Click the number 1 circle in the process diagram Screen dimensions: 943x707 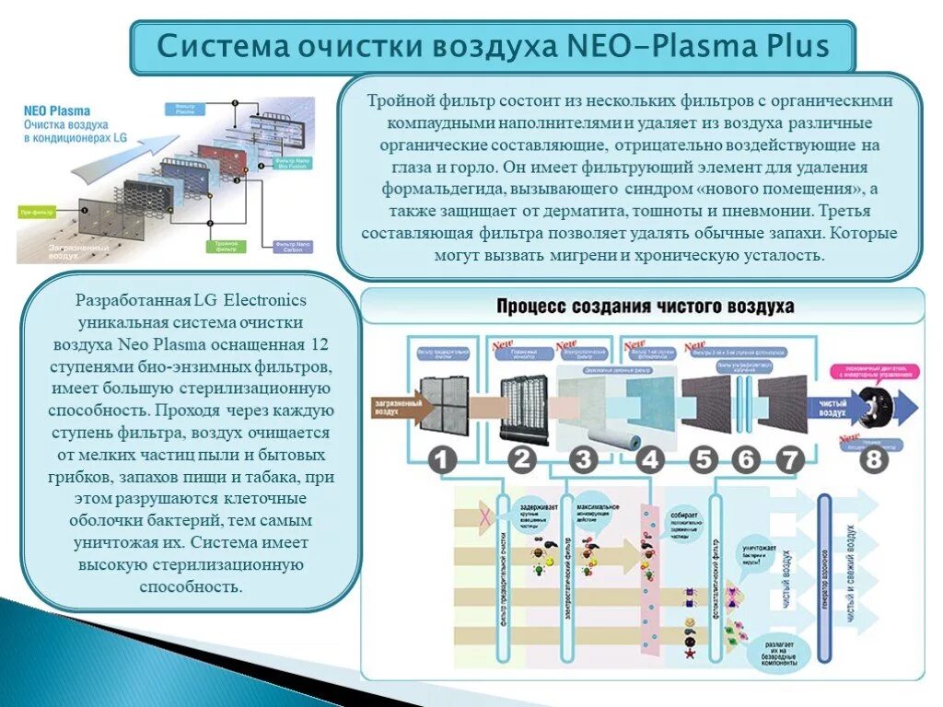(443, 458)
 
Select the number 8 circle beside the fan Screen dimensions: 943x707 (873, 458)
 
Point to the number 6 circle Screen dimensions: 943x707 (745, 458)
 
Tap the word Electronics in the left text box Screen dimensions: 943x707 (265, 300)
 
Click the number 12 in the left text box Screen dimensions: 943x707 (320, 344)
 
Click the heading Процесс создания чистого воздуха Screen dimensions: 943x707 (645, 307)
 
